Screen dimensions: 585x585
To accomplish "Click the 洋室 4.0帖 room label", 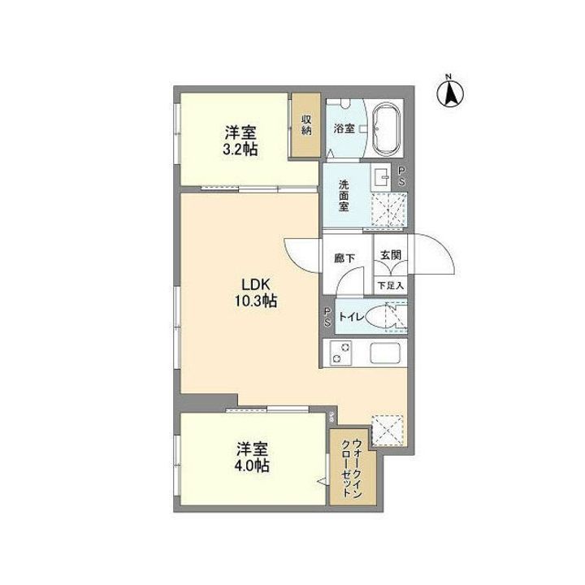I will pyautogui.click(x=253, y=457).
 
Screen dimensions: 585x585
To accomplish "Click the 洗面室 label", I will pyautogui.click(x=344, y=195).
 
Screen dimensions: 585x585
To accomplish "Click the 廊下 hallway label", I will pyautogui.click(x=344, y=259).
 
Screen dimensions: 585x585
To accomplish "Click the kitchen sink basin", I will pyautogui.click(x=387, y=354).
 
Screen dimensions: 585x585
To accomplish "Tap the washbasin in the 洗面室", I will pyautogui.click(x=382, y=176).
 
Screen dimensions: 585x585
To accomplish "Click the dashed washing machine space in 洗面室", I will pyautogui.click(x=388, y=211).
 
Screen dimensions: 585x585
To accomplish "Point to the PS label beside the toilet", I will pyautogui.click(x=327, y=317).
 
